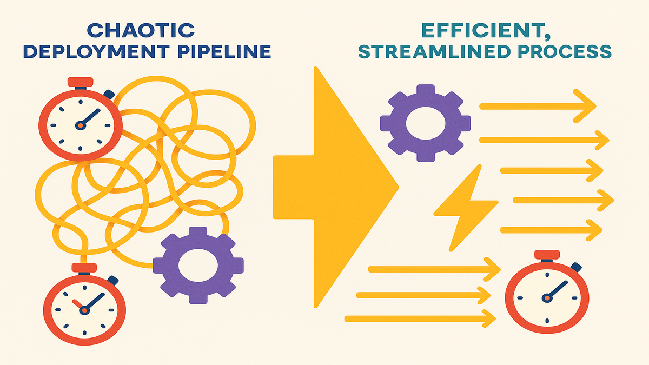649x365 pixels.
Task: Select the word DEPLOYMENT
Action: tap(95, 51)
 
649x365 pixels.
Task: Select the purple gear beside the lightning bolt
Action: tap(425, 123)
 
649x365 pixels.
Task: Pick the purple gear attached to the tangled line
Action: tap(197, 265)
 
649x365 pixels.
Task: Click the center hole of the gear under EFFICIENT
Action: tap(425, 123)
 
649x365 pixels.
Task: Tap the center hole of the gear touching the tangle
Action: tap(197, 265)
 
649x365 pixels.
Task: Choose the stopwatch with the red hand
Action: tap(84, 308)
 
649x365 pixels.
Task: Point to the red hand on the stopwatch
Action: tap(77, 304)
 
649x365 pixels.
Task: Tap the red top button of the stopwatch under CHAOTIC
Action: tap(80, 82)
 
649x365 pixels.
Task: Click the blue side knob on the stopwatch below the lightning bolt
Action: tap(577, 267)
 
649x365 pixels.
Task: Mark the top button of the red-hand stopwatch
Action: tap(84, 267)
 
